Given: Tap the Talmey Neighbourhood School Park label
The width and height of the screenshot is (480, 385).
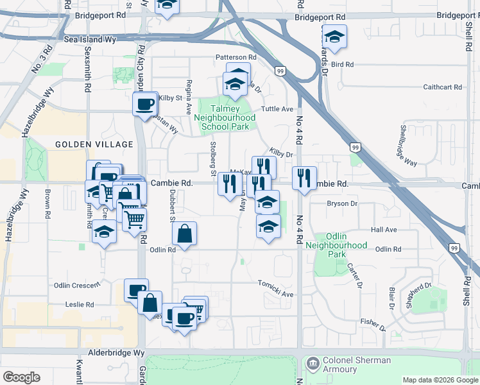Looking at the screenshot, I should point(224,118).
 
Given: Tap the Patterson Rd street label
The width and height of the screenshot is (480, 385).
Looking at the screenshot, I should point(236,57).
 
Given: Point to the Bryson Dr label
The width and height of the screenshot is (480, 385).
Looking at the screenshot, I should point(341,203).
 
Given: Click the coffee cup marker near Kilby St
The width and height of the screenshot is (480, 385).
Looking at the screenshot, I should point(144,103).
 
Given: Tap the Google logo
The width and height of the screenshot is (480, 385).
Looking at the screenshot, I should point(22,377).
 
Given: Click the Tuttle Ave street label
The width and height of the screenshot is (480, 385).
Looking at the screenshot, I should point(277,109).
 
